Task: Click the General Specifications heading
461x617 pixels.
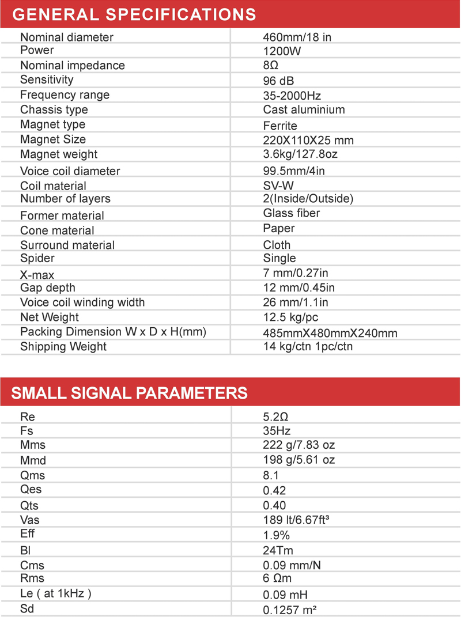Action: click(x=134, y=14)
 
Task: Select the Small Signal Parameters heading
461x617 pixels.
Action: click(x=130, y=393)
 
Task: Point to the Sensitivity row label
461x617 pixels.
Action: click(x=47, y=80)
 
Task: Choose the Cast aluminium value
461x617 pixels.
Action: click(x=304, y=109)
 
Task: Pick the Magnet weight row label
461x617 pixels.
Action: click(x=59, y=154)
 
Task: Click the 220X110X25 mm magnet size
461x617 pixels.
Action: click(x=308, y=140)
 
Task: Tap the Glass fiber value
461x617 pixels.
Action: click(x=291, y=213)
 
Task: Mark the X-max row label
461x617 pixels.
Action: click(x=37, y=275)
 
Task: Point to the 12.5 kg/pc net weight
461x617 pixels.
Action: click(x=290, y=317)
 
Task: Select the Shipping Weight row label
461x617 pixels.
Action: click(x=63, y=346)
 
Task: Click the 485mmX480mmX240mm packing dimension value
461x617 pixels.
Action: click(x=330, y=333)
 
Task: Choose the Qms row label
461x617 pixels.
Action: click(x=32, y=475)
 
